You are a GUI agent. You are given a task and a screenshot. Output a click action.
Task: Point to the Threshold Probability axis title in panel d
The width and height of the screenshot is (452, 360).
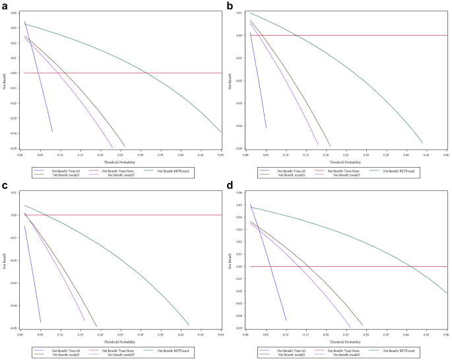[x=345, y=342]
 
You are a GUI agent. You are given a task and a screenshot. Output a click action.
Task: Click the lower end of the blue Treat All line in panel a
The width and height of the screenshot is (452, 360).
[x=52, y=132]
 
